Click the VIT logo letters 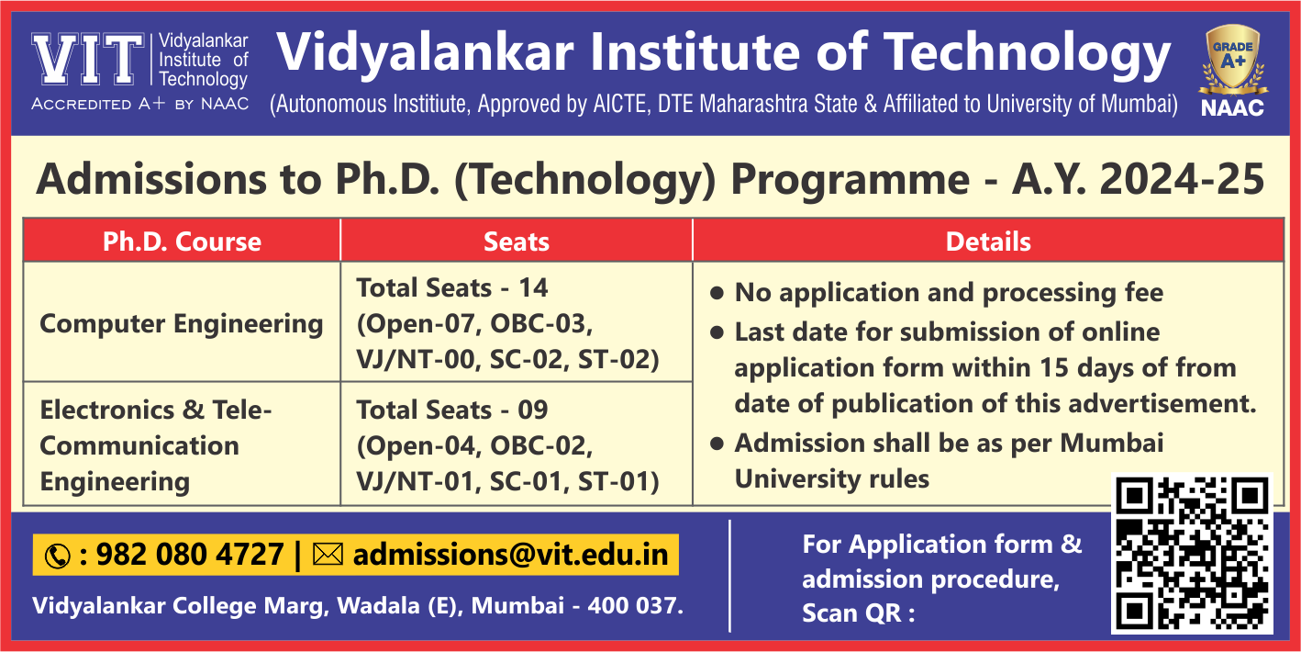pyautogui.click(x=88, y=59)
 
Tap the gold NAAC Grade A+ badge pyautogui.click(x=1232, y=61)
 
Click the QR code pyautogui.click(x=1192, y=553)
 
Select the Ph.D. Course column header pyautogui.click(x=182, y=242)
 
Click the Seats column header pyautogui.click(x=517, y=242)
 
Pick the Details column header pyautogui.click(x=988, y=242)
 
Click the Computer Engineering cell pyautogui.click(x=182, y=323)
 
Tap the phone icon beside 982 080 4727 pyautogui.click(x=58, y=556)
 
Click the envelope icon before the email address pyautogui.click(x=328, y=554)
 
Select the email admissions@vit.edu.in pyautogui.click(x=510, y=555)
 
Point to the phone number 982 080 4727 pyautogui.click(x=190, y=554)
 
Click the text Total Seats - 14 pyautogui.click(x=452, y=287)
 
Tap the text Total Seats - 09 pyautogui.click(x=452, y=410)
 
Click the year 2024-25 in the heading pyautogui.click(x=1182, y=179)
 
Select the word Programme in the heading pyautogui.click(x=851, y=180)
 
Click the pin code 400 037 pyautogui.click(x=635, y=605)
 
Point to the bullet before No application pyautogui.click(x=717, y=293)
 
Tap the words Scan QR pyautogui.click(x=851, y=613)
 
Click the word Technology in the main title pyautogui.click(x=1027, y=54)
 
